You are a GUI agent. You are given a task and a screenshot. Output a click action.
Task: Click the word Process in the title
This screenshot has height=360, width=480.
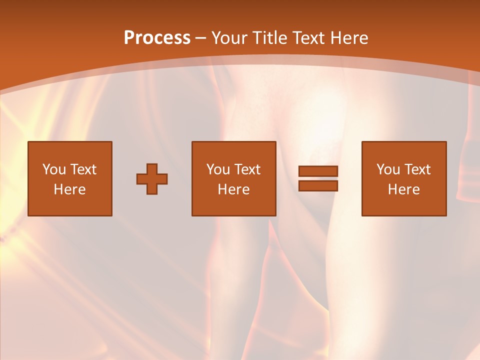click(x=157, y=38)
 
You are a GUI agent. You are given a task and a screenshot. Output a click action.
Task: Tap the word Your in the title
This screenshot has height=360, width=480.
click(x=230, y=38)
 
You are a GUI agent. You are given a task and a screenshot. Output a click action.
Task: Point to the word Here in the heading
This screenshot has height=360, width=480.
click(x=349, y=38)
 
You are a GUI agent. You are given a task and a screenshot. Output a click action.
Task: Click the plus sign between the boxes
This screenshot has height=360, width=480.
click(x=152, y=179)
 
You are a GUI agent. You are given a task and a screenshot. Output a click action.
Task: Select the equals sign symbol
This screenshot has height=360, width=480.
click(x=318, y=178)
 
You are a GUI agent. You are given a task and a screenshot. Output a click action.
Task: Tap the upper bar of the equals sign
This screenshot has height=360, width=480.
click(x=318, y=171)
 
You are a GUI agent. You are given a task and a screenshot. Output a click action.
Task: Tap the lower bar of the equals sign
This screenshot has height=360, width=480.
click(x=318, y=186)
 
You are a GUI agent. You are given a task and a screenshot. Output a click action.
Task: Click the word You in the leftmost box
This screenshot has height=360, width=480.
click(x=53, y=169)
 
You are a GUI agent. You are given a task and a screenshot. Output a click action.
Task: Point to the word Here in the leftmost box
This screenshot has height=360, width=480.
click(x=69, y=189)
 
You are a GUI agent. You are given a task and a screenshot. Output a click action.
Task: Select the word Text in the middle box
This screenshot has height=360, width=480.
click(x=247, y=169)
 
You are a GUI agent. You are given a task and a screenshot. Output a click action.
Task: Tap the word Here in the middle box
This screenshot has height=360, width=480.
click(x=233, y=189)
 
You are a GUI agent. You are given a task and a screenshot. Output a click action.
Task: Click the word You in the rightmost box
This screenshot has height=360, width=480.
click(x=387, y=169)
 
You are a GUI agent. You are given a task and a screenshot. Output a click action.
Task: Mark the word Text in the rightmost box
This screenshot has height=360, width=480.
click(x=417, y=169)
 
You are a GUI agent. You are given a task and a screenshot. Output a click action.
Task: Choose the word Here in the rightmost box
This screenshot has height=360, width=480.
click(x=403, y=189)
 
